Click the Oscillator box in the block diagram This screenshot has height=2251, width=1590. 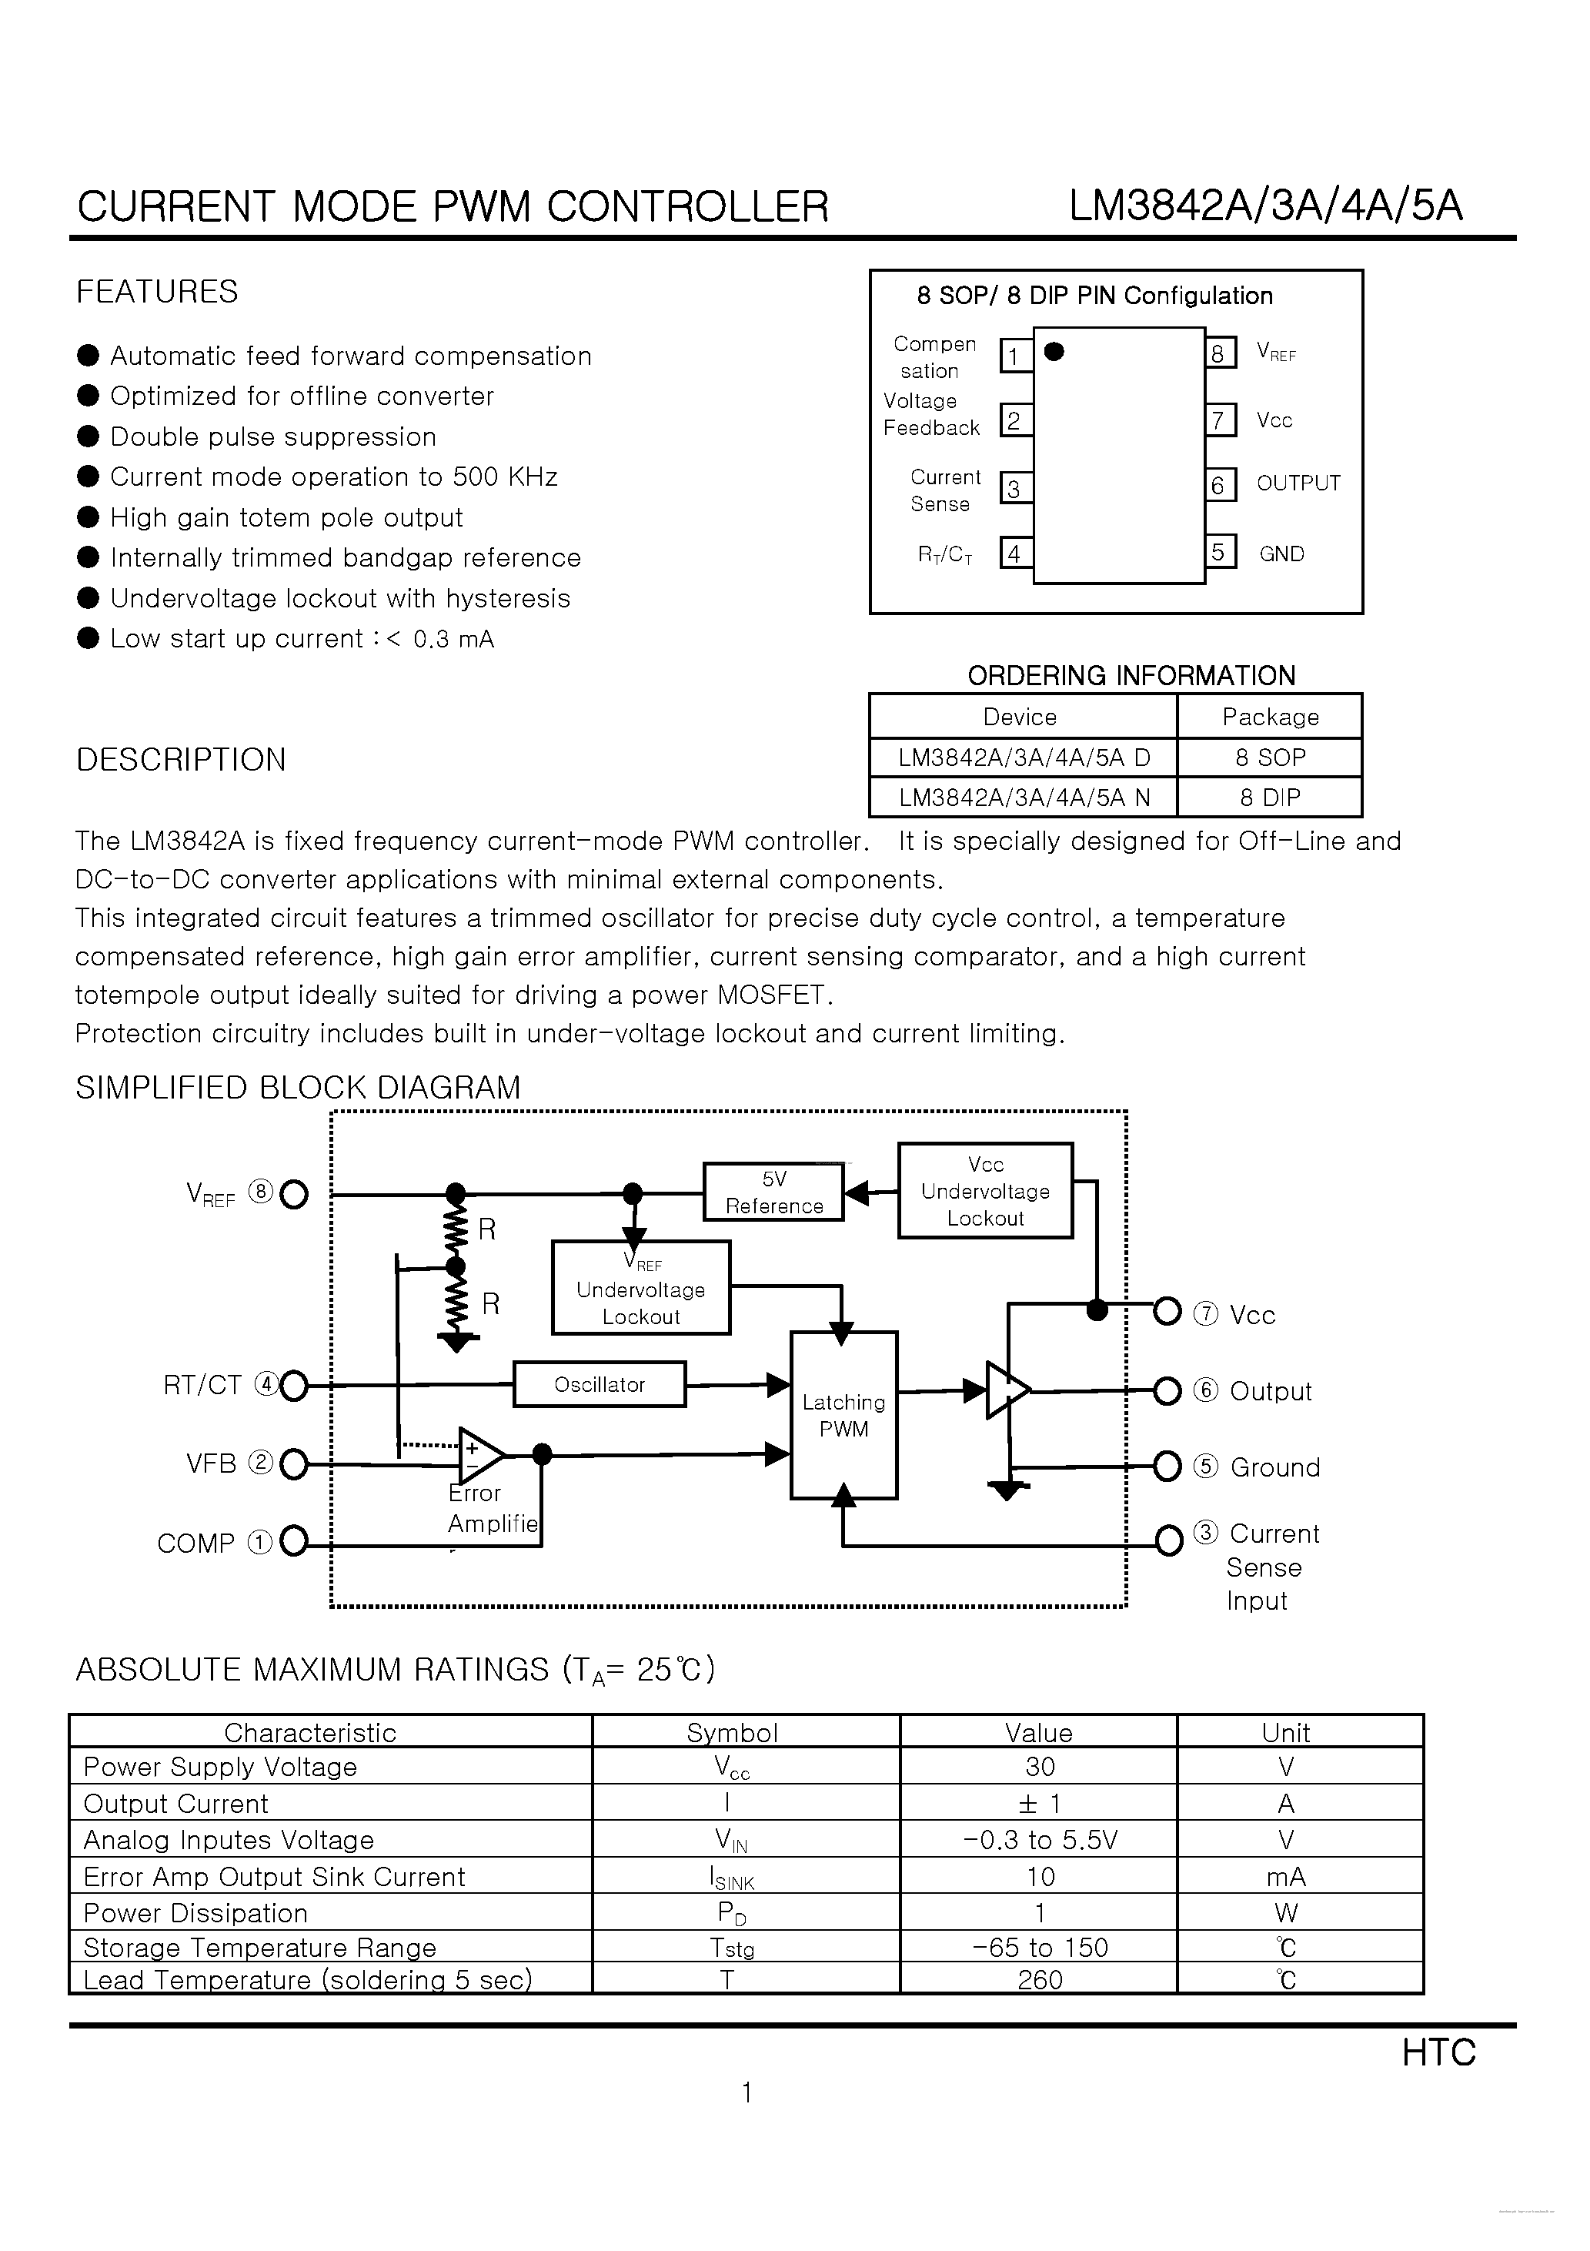tap(599, 1384)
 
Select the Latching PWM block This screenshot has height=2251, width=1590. tap(843, 1415)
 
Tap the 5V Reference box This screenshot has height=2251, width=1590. tap(773, 1192)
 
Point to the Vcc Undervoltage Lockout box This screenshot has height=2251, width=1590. tap(985, 1190)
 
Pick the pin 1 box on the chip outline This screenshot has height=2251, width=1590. tap(1014, 355)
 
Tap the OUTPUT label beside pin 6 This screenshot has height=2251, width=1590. tap(1298, 483)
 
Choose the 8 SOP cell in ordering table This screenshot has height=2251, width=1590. tap(1269, 757)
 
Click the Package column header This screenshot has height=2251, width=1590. tap(1269, 717)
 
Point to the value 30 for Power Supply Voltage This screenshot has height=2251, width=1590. tap(1039, 1767)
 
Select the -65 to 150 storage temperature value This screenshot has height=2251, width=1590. tap(1039, 1947)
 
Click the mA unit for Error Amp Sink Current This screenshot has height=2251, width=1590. tap(1285, 1877)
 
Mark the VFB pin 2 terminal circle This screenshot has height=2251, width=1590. tap(293, 1465)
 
